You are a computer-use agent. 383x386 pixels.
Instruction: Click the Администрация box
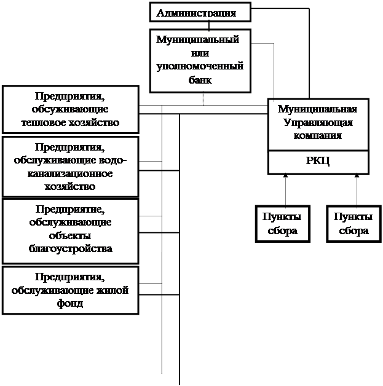(x=200, y=12)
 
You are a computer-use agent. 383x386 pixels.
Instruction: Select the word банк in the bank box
(x=200, y=80)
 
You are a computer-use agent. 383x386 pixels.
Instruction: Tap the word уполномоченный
(x=200, y=66)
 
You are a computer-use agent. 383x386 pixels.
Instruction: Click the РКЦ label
(x=318, y=161)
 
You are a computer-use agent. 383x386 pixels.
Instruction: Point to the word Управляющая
(x=318, y=122)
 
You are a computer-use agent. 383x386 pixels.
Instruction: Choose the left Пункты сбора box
(x=283, y=224)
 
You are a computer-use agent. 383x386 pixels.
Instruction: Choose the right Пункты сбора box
(x=353, y=224)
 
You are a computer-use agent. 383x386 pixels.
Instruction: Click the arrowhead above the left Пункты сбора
(x=285, y=175)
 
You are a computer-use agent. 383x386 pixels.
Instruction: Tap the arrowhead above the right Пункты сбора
(x=357, y=175)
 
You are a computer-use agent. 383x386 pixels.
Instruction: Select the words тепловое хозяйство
(x=71, y=122)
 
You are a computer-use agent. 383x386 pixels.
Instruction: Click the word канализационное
(x=70, y=173)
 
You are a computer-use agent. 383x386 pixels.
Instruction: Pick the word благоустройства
(x=71, y=248)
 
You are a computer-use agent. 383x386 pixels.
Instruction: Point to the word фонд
(x=70, y=303)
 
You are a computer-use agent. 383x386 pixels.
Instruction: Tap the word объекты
(x=70, y=235)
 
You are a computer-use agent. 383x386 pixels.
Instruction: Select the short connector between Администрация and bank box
(x=209, y=26)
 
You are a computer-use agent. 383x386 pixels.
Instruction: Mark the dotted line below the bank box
(x=203, y=99)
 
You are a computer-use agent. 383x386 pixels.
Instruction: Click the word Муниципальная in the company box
(x=317, y=109)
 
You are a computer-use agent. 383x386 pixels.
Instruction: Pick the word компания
(x=318, y=135)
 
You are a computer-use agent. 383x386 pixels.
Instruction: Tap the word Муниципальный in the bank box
(x=198, y=39)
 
